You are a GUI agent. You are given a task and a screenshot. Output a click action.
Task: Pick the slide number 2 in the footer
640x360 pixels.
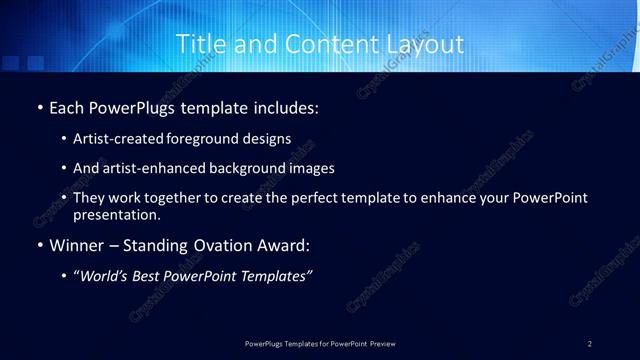click(x=590, y=343)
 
